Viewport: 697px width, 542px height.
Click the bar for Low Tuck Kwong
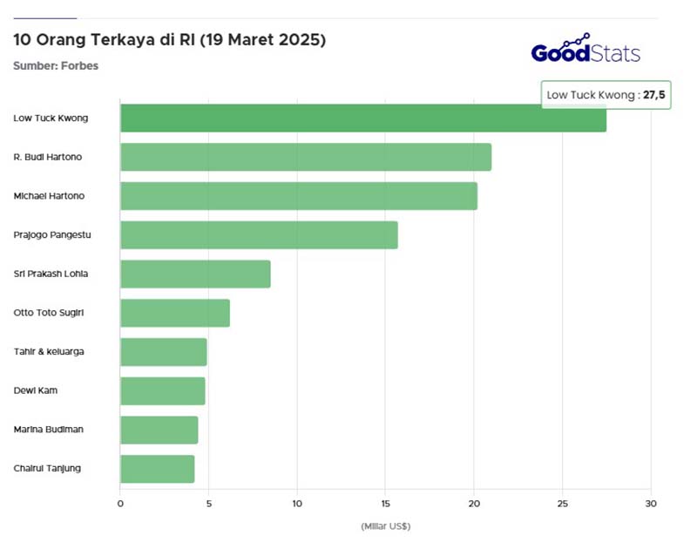pos(362,118)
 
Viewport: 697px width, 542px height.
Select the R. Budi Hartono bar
pos(305,157)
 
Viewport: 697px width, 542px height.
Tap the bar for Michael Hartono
pos(298,196)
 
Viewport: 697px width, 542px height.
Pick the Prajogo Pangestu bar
pos(259,235)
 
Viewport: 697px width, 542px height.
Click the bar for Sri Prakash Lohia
pos(195,274)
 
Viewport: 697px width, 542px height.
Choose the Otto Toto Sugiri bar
pos(174,313)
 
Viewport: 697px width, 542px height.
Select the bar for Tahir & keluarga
pos(163,352)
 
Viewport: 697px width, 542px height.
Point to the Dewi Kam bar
pos(162,391)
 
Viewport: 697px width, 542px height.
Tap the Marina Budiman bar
pos(159,430)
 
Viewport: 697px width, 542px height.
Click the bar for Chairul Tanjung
pos(157,469)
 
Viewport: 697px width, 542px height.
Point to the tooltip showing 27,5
pos(606,95)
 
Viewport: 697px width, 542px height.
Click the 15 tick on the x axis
pos(386,504)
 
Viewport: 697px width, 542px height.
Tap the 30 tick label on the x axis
pos(650,504)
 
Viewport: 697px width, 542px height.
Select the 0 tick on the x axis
pos(120,504)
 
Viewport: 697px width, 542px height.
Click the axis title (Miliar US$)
pos(385,526)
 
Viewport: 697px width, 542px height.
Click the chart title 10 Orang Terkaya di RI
pos(170,40)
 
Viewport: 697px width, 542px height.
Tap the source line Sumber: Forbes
pos(56,65)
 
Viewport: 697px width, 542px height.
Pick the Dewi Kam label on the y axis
pos(36,390)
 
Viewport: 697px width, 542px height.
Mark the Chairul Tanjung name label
pos(48,468)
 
